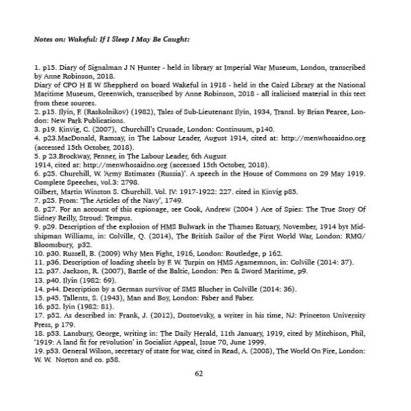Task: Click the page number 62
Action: (199, 372)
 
